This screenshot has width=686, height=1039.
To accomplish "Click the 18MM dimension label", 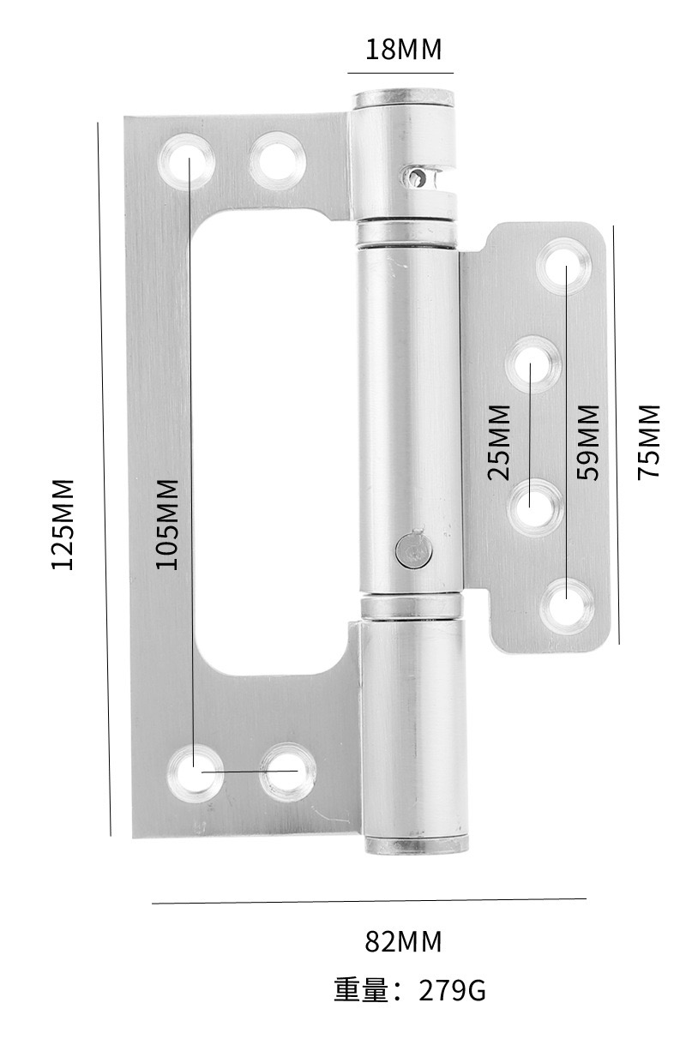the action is coord(404,49).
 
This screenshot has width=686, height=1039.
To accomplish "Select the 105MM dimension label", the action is coord(167,524).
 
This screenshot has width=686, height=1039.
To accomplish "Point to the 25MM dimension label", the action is coord(499,442).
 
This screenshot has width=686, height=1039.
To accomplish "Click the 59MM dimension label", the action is coord(587,442).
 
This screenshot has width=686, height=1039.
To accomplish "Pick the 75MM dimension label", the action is coord(648,442).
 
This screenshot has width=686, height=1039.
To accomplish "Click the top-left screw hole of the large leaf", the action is coord(186,161).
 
